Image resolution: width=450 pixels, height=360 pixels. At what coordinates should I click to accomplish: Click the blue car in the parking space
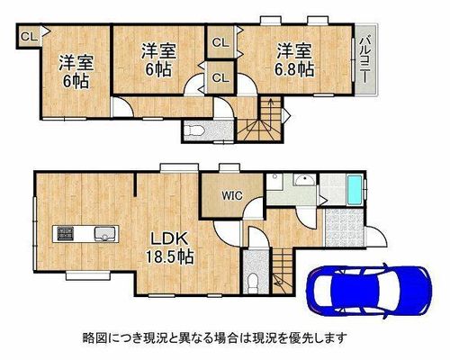pos(369,290)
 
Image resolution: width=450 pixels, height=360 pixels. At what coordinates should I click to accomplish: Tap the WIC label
pos(232,195)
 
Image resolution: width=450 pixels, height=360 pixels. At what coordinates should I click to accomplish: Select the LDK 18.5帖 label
pos(170,247)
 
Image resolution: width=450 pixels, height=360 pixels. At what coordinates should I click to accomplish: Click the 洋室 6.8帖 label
pos(294,59)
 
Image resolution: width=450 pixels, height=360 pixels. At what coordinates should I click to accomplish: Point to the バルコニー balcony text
pos(364,59)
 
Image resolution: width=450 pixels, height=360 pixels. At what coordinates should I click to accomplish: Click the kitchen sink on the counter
pos(105,234)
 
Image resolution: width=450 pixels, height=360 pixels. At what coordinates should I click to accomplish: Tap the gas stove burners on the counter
pos(66,233)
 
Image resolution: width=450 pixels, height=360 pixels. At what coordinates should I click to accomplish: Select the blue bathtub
pos(355,191)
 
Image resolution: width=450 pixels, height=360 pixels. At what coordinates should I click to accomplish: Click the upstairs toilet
pos(194,130)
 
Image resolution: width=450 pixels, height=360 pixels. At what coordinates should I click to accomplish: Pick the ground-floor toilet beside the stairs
pos(254,282)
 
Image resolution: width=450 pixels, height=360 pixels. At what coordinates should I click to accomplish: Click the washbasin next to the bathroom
pos(304,181)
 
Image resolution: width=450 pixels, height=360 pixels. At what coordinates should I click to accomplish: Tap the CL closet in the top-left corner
pos(29,36)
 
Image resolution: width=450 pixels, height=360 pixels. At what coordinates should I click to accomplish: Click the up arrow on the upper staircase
pos(271,112)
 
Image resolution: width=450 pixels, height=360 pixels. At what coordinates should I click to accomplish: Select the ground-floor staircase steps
pos(283,271)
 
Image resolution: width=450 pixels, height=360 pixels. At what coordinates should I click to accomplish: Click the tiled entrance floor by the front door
pos(344,228)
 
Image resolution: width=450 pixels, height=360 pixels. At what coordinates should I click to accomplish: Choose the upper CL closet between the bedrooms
pos(220,42)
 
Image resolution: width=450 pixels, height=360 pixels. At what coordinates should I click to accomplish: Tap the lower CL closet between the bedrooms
pos(220,77)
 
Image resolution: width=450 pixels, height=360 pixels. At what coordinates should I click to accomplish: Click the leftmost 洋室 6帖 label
pos(76,72)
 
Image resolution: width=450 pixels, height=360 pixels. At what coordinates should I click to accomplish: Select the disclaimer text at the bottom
pos(215,338)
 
